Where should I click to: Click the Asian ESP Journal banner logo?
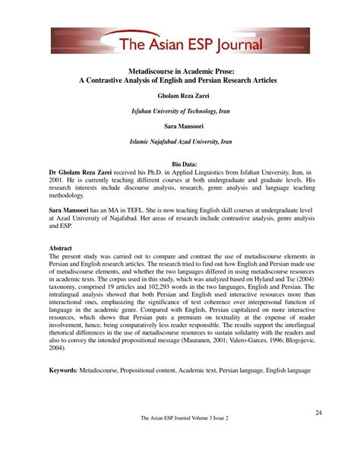point(179,43)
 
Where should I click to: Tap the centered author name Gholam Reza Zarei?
point(181,97)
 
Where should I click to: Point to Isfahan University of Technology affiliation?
point(181,111)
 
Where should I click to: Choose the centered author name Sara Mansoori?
point(181,125)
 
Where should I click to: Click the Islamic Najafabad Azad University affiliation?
point(181,141)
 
